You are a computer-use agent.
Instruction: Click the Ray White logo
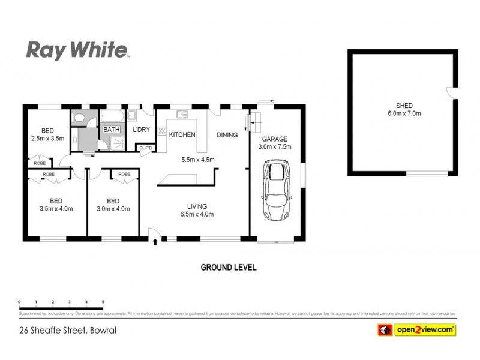[x=77, y=50]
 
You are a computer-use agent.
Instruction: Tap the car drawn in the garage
[x=277, y=191]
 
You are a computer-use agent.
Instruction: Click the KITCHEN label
[x=182, y=134]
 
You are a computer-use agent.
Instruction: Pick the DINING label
[x=227, y=134]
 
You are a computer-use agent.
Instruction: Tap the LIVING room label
[x=197, y=206]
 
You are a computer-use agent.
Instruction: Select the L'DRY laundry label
[x=142, y=129]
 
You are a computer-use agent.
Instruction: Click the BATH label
[x=112, y=129]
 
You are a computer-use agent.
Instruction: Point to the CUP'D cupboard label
[x=145, y=148]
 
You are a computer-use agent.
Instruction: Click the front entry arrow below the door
[x=156, y=242]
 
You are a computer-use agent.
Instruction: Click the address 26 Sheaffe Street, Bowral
[x=67, y=330]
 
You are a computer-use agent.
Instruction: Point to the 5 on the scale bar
[x=103, y=301]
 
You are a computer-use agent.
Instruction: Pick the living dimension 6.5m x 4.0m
[x=197, y=214]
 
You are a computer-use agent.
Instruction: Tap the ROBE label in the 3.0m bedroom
[x=124, y=174]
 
